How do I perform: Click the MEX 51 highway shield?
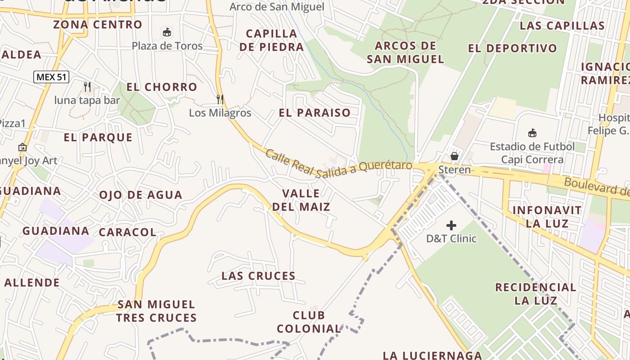click(51, 77)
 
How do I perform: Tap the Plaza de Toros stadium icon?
click(167, 32)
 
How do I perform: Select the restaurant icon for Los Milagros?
click(220, 99)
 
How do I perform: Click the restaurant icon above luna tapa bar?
click(87, 86)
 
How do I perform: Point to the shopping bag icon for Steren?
click(454, 156)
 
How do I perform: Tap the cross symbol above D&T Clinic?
click(451, 225)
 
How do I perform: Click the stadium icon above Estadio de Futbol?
click(532, 133)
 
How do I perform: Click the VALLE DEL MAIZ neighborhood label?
click(301, 200)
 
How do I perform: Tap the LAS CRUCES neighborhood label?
click(258, 276)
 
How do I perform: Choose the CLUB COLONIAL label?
click(309, 322)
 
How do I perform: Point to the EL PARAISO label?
click(315, 112)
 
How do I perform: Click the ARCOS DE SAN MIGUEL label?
click(405, 52)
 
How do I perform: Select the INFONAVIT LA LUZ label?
click(547, 216)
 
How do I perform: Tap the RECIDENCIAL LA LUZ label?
click(535, 293)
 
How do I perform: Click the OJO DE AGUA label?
click(141, 195)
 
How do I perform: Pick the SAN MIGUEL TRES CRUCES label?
click(157, 311)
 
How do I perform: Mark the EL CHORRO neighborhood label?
click(162, 87)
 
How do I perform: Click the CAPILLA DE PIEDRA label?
click(272, 40)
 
